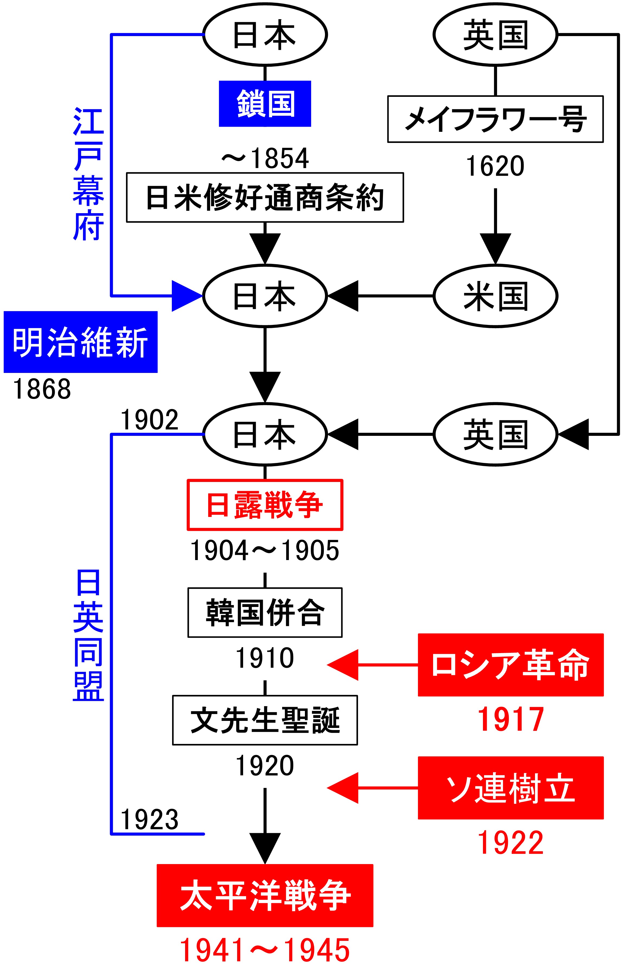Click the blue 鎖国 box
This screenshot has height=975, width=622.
pyautogui.click(x=265, y=104)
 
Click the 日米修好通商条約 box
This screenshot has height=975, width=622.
pyautogui.click(x=265, y=198)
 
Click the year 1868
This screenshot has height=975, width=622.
pyautogui.click(x=42, y=389)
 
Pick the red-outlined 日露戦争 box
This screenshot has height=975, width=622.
pyautogui.click(x=265, y=505)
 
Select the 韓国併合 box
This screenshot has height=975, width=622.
pyautogui.click(x=265, y=613)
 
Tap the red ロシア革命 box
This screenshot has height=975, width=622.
pyautogui.click(x=510, y=664)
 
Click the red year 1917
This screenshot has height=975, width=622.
pyautogui.click(x=510, y=720)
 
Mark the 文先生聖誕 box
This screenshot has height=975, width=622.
pyautogui.click(x=265, y=720)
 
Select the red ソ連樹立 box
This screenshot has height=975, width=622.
pyautogui.click(x=510, y=788)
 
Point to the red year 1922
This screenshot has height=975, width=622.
pyautogui.click(x=510, y=843)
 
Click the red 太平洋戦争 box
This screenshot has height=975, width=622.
pyautogui.click(x=265, y=895)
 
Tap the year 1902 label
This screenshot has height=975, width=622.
pyautogui.click(x=149, y=420)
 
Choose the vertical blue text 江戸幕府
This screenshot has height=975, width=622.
pyautogui.click(x=88, y=174)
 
